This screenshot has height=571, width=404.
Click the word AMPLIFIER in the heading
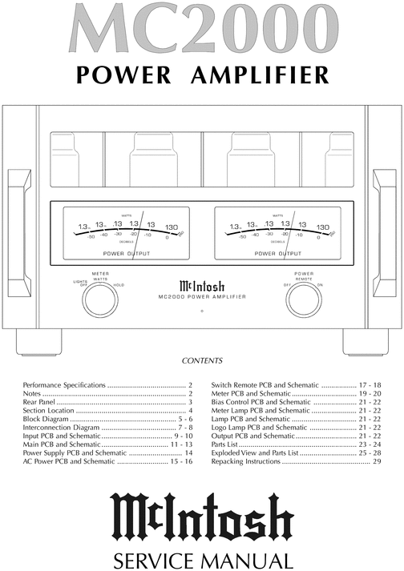(x=260, y=74)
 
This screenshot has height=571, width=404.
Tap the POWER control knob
(x=304, y=300)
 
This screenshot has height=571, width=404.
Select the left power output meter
(x=127, y=232)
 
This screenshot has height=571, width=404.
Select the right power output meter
(x=277, y=232)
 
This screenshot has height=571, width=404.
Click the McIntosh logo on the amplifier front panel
(x=202, y=284)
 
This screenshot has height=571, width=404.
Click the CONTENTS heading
(x=202, y=361)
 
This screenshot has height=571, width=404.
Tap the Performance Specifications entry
(x=64, y=385)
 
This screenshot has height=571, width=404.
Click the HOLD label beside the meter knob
(x=119, y=286)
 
